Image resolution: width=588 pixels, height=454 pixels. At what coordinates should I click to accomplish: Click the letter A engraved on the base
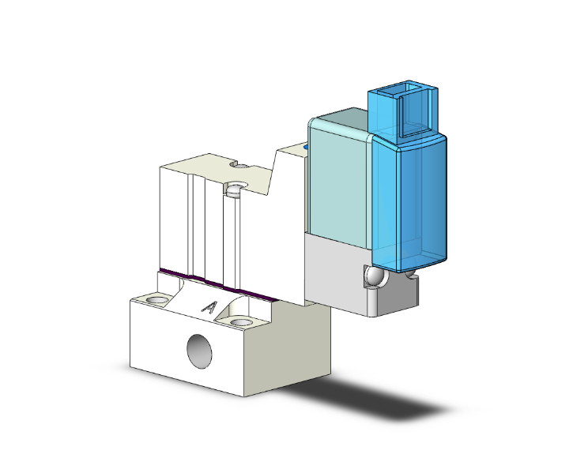tap(209, 307)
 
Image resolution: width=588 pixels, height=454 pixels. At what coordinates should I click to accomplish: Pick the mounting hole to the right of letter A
tap(240, 322)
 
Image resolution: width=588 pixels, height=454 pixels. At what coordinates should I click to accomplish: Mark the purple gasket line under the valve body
tap(217, 285)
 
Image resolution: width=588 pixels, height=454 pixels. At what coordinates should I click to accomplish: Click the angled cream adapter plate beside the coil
tap(288, 221)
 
